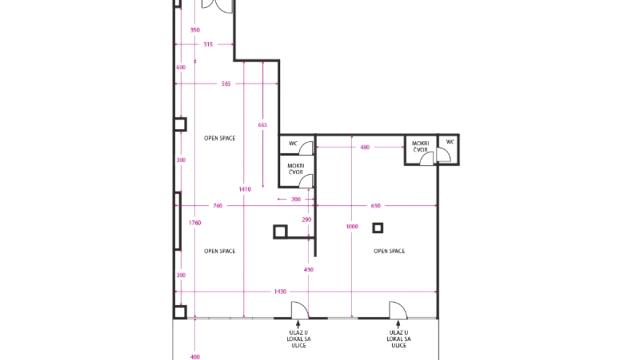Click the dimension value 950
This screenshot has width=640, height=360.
[x=195, y=30]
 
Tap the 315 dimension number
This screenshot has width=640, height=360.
[x=208, y=44]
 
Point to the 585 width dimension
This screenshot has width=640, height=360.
[x=226, y=84]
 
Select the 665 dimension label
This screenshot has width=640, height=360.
[x=262, y=125]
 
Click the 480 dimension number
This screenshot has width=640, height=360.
[x=365, y=147]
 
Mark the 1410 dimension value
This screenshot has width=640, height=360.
[x=244, y=189]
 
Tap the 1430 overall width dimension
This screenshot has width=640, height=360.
[x=281, y=291]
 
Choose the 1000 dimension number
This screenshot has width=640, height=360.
[x=352, y=226]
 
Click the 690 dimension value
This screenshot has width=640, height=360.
[x=376, y=205]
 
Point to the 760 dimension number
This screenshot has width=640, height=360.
[x=218, y=205]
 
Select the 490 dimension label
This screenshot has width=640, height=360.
[x=308, y=270]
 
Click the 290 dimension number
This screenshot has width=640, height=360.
[x=307, y=220]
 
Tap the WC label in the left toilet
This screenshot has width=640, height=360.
[x=293, y=143]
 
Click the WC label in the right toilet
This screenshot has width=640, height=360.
[x=450, y=142]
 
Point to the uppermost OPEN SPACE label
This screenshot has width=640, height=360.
[x=220, y=138]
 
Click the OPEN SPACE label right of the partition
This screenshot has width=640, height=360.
[x=389, y=251]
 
